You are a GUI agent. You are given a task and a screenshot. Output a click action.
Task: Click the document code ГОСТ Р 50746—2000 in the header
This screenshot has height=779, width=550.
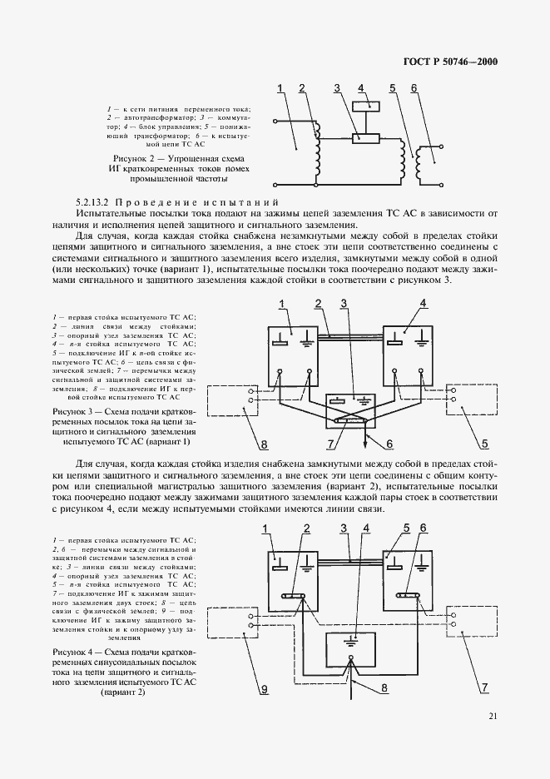click(443, 61)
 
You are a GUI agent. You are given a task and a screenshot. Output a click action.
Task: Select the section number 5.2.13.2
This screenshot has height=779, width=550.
click(97, 202)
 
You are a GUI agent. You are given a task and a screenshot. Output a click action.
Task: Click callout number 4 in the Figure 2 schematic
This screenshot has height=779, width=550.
click(361, 87)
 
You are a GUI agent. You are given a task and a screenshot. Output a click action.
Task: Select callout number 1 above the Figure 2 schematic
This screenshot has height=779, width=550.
click(280, 87)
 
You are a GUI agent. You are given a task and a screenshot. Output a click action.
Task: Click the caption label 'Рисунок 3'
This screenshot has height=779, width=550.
click(72, 411)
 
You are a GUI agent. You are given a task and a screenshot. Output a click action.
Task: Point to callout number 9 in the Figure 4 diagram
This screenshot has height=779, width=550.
click(264, 689)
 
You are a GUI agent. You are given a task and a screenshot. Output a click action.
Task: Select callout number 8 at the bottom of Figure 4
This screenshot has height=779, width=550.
click(384, 688)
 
